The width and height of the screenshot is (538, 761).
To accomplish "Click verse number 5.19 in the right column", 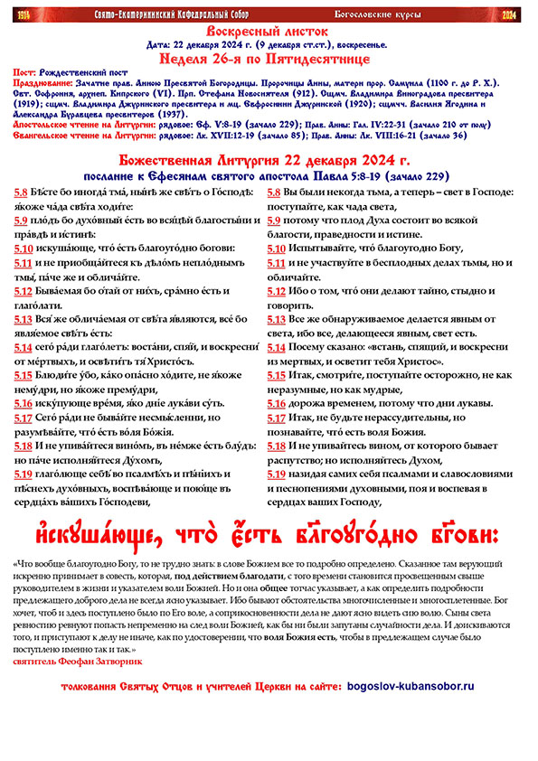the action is (276, 474).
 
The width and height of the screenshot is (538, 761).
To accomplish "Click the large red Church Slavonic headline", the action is (269, 528).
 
